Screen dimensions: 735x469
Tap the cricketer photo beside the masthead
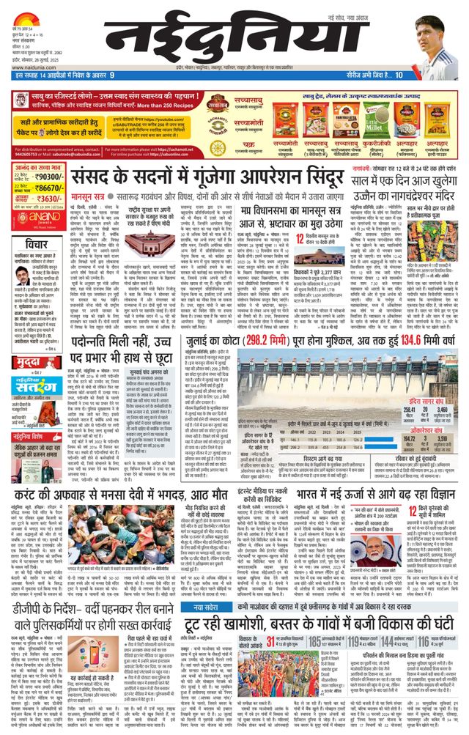pos(437,45)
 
